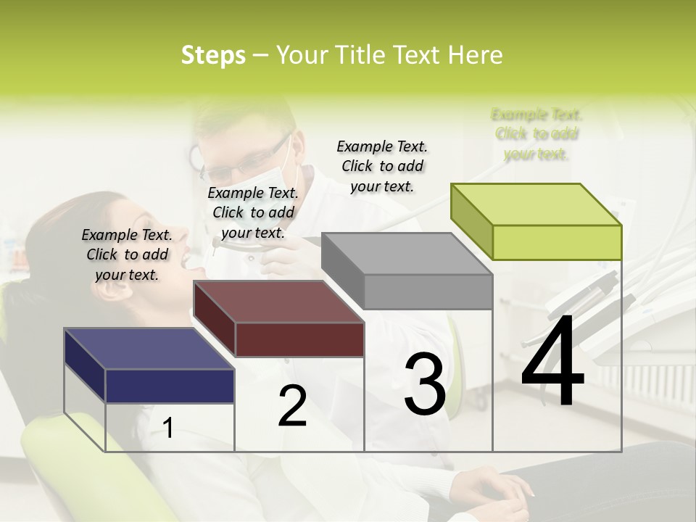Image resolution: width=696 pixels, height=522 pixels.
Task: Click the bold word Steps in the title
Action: coord(213,55)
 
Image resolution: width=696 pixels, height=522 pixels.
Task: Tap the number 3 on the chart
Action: coord(425,384)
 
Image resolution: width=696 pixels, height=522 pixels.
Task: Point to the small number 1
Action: coord(168,428)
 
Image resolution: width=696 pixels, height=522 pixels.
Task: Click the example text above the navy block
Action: coord(127,254)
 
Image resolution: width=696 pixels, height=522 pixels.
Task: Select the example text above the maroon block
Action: coord(253,212)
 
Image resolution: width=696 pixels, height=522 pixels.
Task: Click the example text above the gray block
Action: coord(382,166)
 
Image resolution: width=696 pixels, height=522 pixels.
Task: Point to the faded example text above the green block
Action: coord(536,134)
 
